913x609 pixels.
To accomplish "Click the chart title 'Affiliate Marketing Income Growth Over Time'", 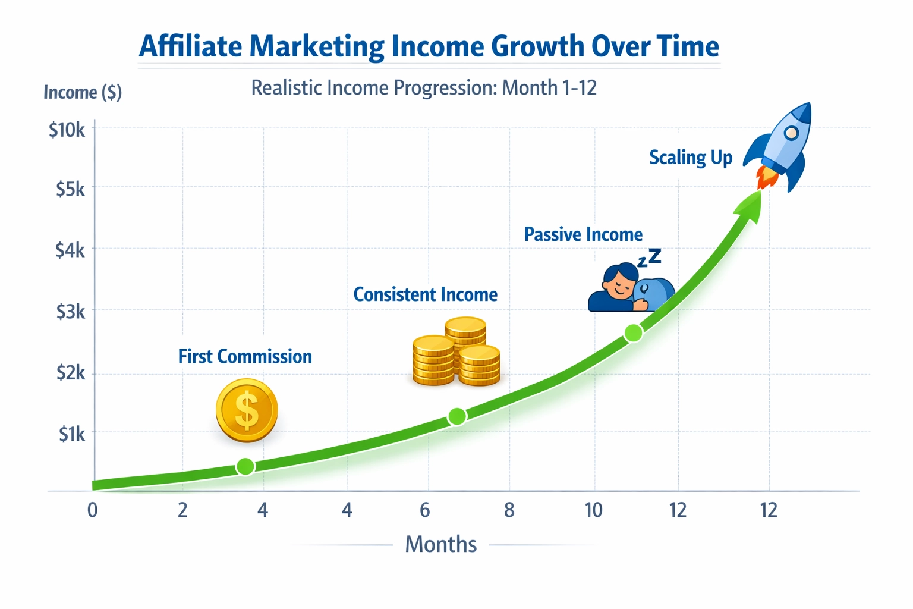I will pos(429,46).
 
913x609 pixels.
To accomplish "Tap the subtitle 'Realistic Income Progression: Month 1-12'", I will pos(423,88).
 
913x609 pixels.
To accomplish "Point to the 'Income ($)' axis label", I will pos(83,92).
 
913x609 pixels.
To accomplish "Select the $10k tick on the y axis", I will pos(67,130).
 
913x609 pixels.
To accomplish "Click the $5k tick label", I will pos(70,189).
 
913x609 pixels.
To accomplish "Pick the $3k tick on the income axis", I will pos(70,311).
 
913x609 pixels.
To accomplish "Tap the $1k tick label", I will pos(71,434).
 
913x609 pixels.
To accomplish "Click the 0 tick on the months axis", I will pos(92,510).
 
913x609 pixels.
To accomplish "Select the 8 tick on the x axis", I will pos(509,510).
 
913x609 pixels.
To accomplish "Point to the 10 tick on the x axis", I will pos(593,510).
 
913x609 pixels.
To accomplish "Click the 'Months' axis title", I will pos(440,544).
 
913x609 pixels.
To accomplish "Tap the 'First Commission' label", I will pos(245,356).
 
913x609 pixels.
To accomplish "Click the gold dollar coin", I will pos(246,410).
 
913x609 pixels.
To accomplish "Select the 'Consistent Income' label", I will pos(425,294).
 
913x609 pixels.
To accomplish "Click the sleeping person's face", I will pos(618,284).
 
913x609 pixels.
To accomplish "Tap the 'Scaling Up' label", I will pos(690,158).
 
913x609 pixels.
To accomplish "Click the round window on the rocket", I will pos(791,133).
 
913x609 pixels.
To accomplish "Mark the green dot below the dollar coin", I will pos(245,466).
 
